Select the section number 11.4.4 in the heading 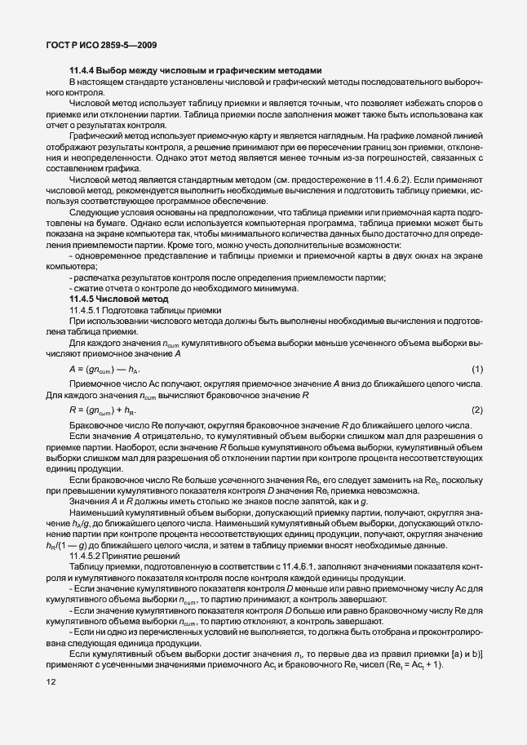pos(84,71)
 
